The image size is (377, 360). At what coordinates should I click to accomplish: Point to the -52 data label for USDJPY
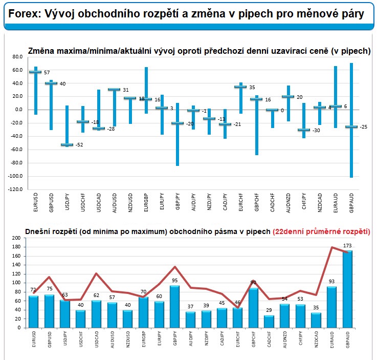[80, 145]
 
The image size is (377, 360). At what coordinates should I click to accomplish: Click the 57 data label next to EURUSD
[47, 73]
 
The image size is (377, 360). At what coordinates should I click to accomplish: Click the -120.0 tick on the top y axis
[15, 189]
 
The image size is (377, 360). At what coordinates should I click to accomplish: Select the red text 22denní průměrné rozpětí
[322, 231]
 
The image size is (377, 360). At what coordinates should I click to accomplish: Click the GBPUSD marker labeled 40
[51, 83]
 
